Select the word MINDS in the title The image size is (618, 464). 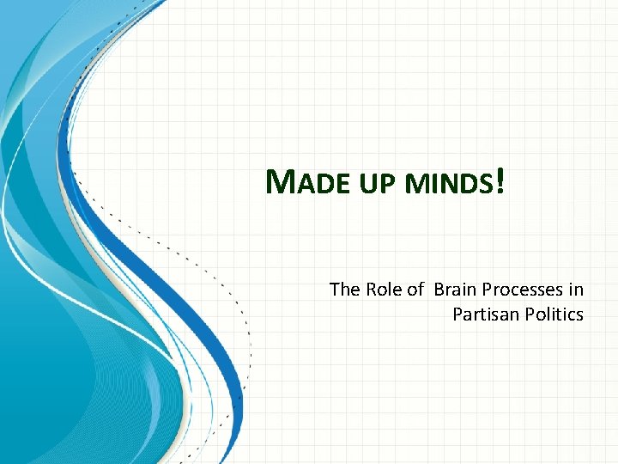click(451, 184)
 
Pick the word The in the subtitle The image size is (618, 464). click(345, 290)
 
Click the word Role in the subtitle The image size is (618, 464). click(385, 290)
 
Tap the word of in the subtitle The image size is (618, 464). click(415, 290)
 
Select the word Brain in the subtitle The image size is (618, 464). click(455, 290)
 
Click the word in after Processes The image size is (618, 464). click(575, 290)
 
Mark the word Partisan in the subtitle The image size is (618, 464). click(482, 314)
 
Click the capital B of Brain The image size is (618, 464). click(439, 290)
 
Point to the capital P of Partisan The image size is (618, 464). click(457, 314)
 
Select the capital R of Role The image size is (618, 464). click(372, 290)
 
